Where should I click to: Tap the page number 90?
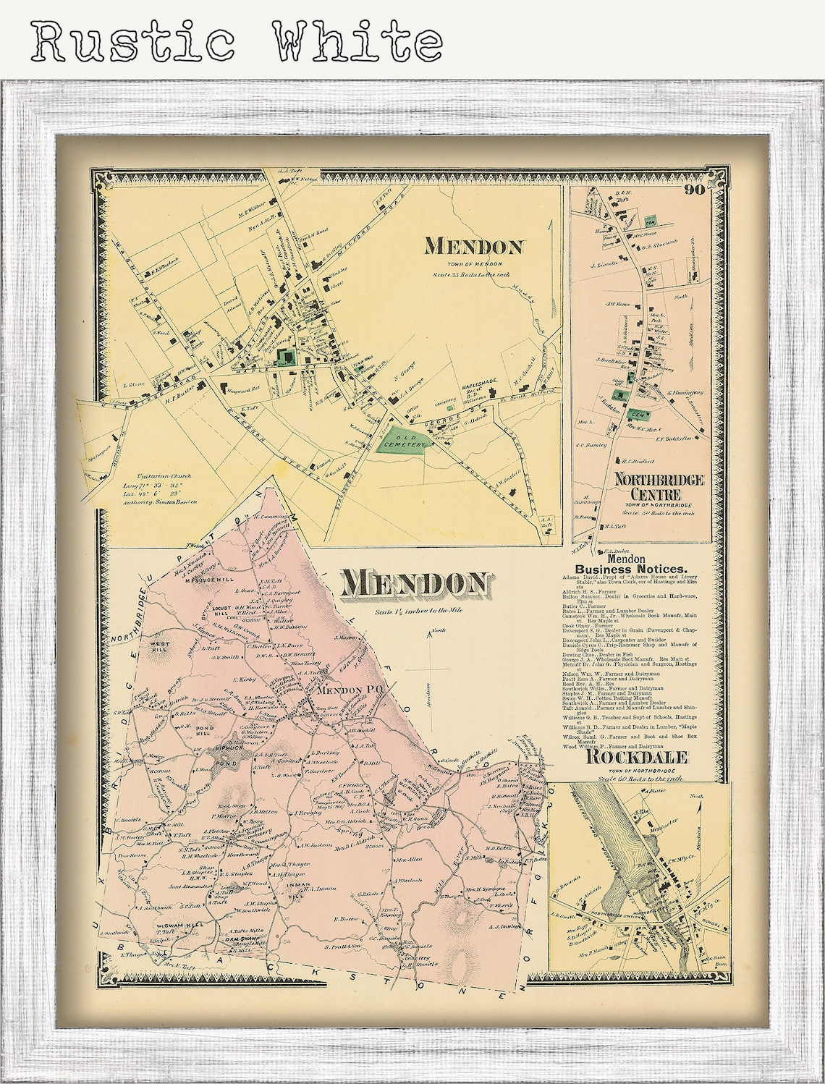(695, 190)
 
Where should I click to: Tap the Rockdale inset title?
(636, 757)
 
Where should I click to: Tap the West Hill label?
(159, 646)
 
